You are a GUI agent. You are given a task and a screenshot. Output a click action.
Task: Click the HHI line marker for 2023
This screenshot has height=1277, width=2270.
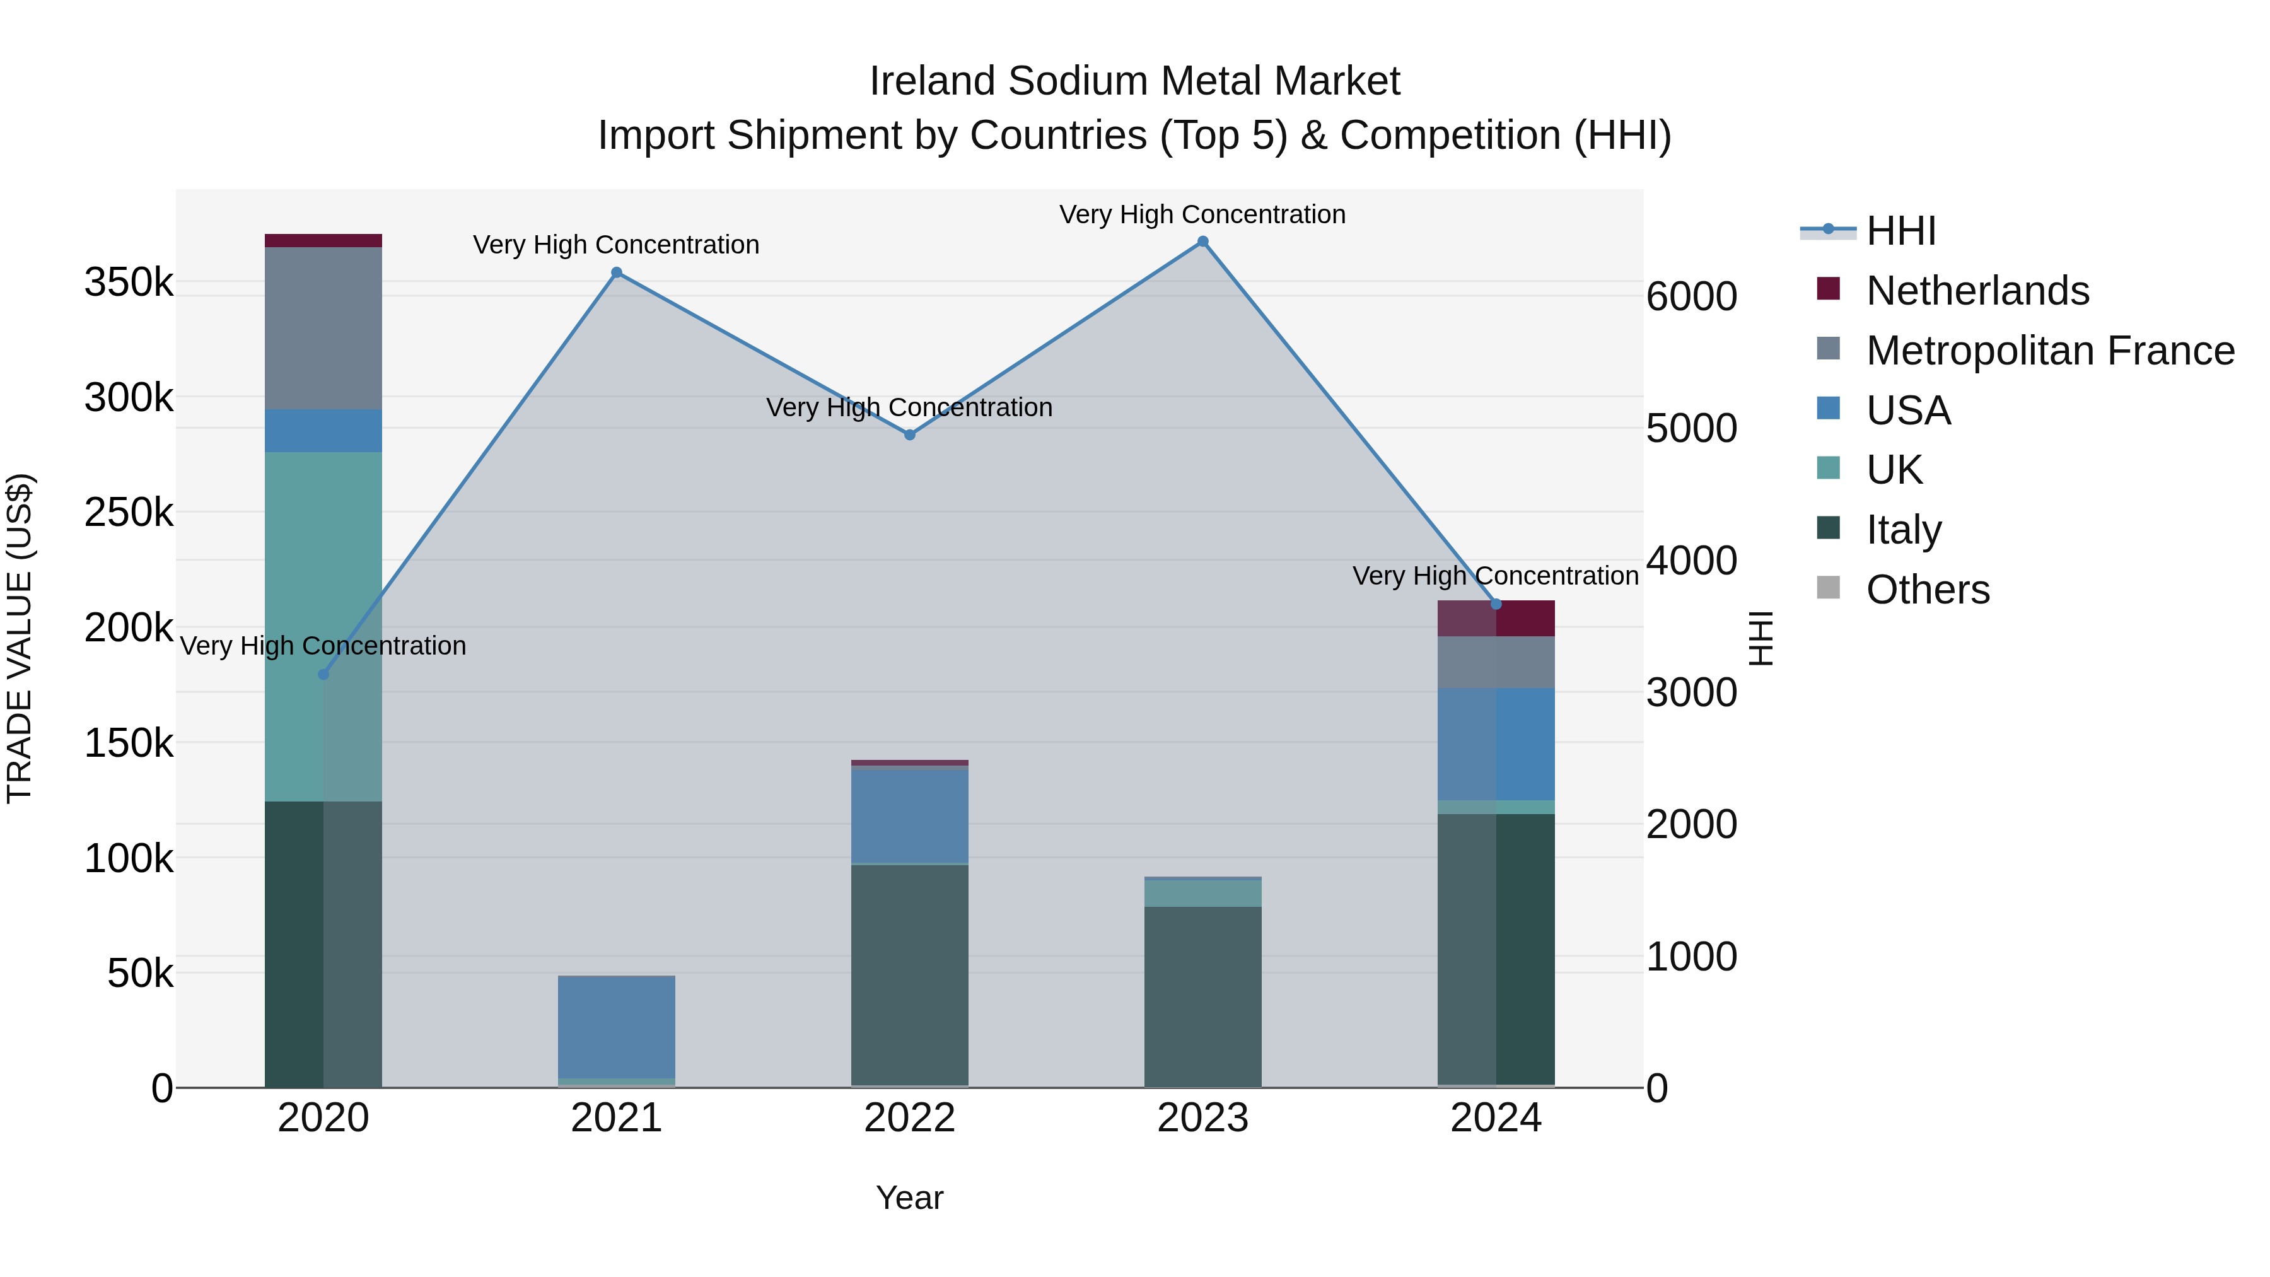(x=1203, y=242)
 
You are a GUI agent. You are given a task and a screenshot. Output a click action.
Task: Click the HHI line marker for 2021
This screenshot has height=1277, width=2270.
(x=617, y=272)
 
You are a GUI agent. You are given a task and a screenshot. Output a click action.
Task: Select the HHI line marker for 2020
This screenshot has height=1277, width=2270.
(x=323, y=674)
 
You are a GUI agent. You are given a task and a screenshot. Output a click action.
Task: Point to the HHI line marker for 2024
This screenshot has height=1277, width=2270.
(x=1496, y=604)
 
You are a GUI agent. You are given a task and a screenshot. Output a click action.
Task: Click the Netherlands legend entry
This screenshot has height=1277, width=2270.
(x=1977, y=291)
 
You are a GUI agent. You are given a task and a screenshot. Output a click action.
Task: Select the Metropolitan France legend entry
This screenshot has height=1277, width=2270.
(x=2050, y=351)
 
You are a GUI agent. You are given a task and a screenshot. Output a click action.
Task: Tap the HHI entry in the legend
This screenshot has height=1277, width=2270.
(x=1900, y=231)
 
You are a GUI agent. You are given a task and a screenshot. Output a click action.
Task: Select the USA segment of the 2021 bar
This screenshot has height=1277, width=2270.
(x=617, y=1027)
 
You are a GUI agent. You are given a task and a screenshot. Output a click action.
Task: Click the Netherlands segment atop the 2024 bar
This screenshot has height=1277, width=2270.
(x=1496, y=618)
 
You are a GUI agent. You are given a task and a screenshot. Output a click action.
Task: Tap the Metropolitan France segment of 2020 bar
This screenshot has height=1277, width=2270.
(x=323, y=328)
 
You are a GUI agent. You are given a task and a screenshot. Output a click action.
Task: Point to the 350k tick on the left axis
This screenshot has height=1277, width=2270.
(x=129, y=283)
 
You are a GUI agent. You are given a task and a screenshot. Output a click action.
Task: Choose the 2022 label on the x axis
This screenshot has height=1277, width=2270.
(x=909, y=1118)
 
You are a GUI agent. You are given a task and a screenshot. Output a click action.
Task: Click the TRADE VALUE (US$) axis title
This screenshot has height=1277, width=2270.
(x=20, y=638)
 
